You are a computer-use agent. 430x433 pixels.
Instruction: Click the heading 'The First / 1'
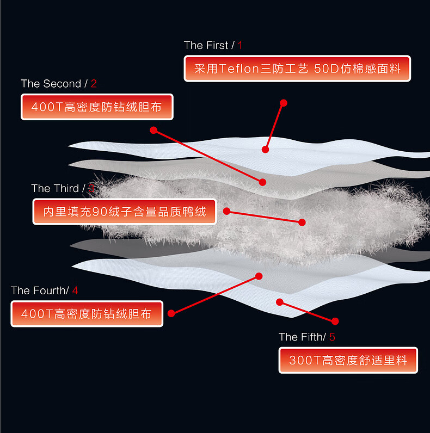click(x=213, y=45)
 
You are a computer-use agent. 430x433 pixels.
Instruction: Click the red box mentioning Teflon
click(x=297, y=69)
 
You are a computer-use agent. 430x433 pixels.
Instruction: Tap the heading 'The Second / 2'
click(x=59, y=84)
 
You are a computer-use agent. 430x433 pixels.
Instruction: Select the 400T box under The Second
click(x=97, y=107)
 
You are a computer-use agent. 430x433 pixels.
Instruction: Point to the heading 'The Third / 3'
click(x=63, y=188)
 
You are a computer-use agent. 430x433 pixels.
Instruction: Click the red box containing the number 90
click(x=124, y=212)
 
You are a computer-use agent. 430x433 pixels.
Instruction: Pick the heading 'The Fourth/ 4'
click(x=44, y=290)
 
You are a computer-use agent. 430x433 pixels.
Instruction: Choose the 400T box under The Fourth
click(x=87, y=314)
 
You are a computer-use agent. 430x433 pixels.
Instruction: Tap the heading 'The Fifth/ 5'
click(x=307, y=337)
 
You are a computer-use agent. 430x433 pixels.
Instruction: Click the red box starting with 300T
click(x=348, y=360)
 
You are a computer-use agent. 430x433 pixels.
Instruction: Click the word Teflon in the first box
click(x=239, y=69)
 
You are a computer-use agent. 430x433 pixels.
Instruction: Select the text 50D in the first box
click(x=327, y=69)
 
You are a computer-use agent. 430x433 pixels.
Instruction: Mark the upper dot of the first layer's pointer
click(x=284, y=103)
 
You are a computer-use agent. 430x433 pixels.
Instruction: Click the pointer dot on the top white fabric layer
click(x=265, y=150)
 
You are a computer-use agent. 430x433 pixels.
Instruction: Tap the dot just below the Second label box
click(x=153, y=130)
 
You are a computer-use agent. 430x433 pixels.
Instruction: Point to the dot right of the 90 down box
click(x=226, y=211)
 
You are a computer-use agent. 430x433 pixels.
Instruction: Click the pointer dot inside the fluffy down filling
click(x=302, y=222)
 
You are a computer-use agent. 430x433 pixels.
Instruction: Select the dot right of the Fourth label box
click(x=171, y=313)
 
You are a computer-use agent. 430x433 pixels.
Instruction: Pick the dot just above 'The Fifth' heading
click(x=335, y=321)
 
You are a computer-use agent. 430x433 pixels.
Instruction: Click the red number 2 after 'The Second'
click(x=94, y=84)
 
